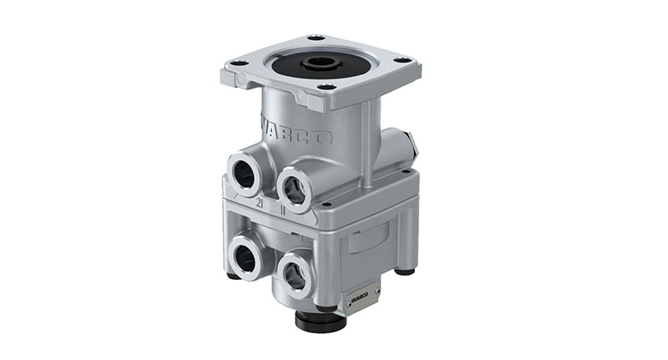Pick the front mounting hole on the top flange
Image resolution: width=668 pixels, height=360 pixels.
tap(326, 87)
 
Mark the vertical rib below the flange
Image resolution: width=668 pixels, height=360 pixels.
tap(366, 146)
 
